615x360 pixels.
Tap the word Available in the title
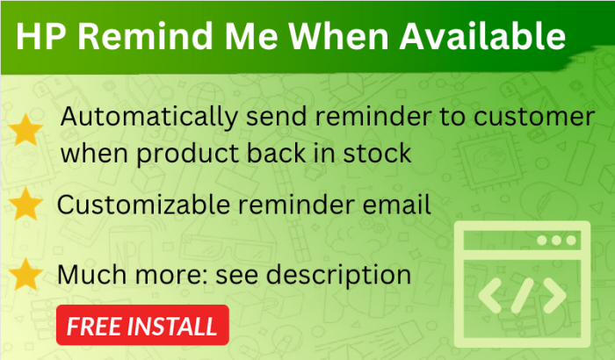(482, 36)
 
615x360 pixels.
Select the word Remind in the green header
(145, 36)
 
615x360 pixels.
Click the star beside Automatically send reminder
(25, 130)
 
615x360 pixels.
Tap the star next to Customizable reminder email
(25, 204)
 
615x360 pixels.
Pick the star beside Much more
(25, 274)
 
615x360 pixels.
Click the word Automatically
(149, 118)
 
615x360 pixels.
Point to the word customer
(534, 118)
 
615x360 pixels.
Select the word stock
(377, 153)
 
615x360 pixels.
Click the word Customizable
(143, 205)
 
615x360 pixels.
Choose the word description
(338, 276)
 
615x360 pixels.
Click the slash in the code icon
(523, 296)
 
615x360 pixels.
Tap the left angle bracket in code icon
(490, 296)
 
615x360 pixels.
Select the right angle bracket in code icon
(554, 296)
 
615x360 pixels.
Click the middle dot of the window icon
(556, 240)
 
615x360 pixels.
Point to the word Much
(91, 275)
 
